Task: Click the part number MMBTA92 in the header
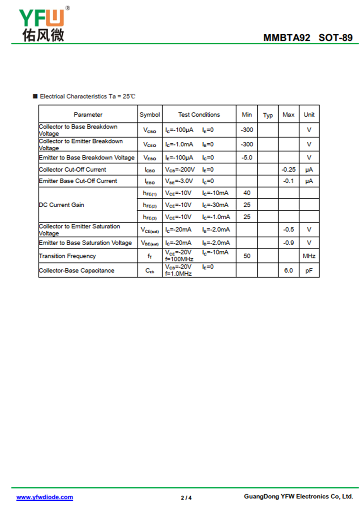point(287,38)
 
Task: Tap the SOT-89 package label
point(336,38)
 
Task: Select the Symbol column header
point(149,114)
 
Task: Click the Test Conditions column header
point(199,114)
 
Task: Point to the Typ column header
point(268,115)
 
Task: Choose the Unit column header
point(309,114)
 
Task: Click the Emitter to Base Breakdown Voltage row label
point(87,158)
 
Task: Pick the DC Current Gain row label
point(62,205)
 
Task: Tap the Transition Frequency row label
point(67,256)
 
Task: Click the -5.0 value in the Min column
point(247,158)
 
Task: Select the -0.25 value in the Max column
point(288,169)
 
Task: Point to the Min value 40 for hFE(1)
point(247,193)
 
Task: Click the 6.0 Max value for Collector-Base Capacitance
point(288,270)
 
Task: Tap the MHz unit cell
point(309,256)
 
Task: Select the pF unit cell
point(309,270)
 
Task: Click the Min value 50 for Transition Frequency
point(247,256)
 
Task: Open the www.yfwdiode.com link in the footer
point(45,497)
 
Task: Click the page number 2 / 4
point(186,498)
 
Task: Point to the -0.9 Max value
point(288,243)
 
